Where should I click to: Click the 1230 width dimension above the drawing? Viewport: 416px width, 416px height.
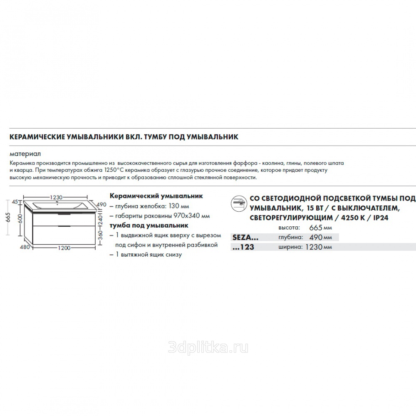[57, 198]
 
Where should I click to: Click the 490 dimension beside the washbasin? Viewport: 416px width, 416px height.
[102, 205]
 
